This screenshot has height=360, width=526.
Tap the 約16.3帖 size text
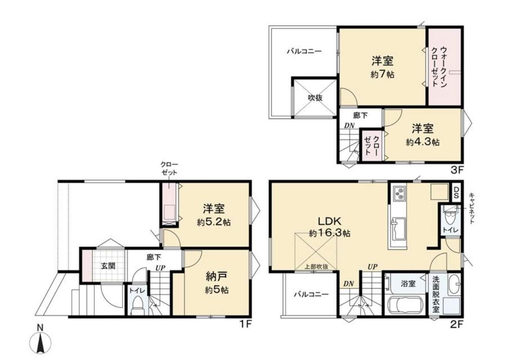click(x=330, y=233)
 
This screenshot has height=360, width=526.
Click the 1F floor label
click(x=246, y=324)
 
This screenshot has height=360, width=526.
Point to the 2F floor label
click(x=457, y=324)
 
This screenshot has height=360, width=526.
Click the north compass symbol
click(x=40, y=343)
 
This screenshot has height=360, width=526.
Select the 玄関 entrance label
click(x=108, y=266)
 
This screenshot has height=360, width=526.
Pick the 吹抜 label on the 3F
click(x=315, y=98)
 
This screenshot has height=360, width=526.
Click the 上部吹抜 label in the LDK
click(x=316, y=267)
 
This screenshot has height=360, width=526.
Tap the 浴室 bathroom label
click(x=408, y=283)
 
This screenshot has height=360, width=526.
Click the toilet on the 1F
click(x=137, y=305)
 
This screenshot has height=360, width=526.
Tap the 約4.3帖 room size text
click(x=423, y=142)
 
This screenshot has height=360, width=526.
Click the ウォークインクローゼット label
click(x=439, y=67)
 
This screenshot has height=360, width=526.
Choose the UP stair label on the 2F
click(x=373, y=267)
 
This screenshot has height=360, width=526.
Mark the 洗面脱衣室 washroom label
click(x=436, y=294)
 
